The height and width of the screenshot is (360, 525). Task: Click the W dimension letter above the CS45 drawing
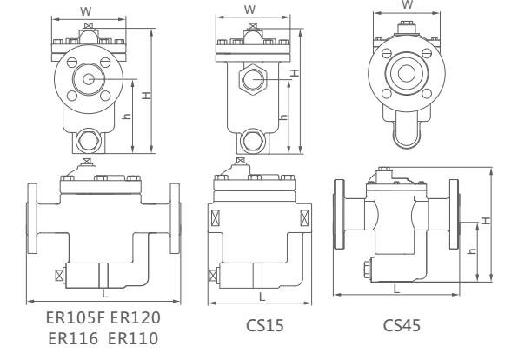click(x=408, y=4)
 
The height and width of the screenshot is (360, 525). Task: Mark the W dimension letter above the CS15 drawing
click(x=250, y=10)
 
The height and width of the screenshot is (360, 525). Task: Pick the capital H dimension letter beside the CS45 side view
click(x=487, y=220)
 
